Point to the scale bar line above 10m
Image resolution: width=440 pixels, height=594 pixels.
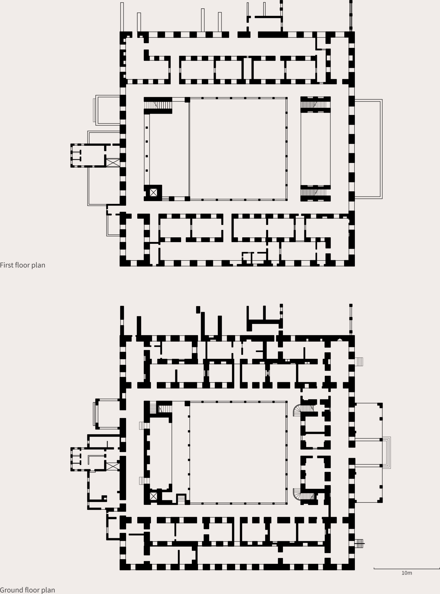tap(407, 569)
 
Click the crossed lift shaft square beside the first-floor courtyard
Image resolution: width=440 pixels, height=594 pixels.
tap(153, 192)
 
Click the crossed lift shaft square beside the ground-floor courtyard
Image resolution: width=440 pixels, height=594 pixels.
tap(153, 496)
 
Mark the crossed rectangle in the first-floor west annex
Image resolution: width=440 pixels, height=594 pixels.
tap(113, 162)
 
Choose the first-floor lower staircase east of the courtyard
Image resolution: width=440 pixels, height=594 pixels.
tap(314, 192)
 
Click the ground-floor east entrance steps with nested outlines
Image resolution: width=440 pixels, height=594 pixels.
tap(386, 453)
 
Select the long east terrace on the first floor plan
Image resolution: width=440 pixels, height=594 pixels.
tap(368, 149)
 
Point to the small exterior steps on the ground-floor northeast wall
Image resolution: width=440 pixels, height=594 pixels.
tap(359, 362)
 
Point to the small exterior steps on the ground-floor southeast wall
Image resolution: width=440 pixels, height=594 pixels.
tap(359, 543)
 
